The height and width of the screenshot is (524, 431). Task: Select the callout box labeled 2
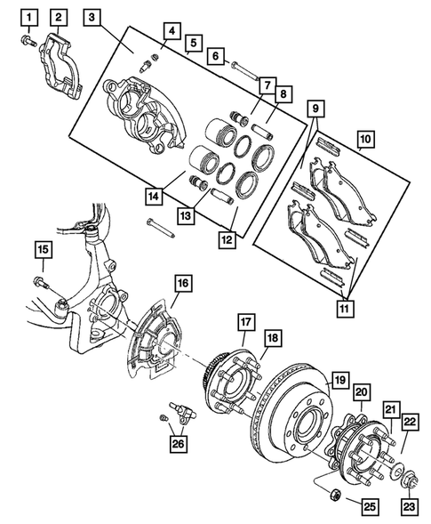[59, 17]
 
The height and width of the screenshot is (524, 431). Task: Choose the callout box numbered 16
[182, 285]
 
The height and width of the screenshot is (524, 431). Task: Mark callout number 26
[178, 442]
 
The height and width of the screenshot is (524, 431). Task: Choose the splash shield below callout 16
[156, 343]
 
